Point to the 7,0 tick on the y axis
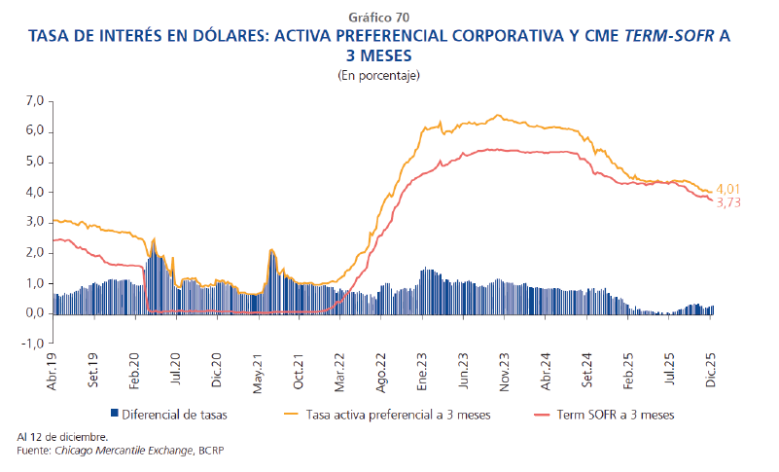point(35,100)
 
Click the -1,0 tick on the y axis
point(33,344)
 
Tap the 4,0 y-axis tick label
point(35,192)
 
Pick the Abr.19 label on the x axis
point(54,371)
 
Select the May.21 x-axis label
point(260,371)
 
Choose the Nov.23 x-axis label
point(506,371)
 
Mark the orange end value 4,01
point(728,189)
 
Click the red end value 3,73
point(728,202)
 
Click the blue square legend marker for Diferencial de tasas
point(116,415)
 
